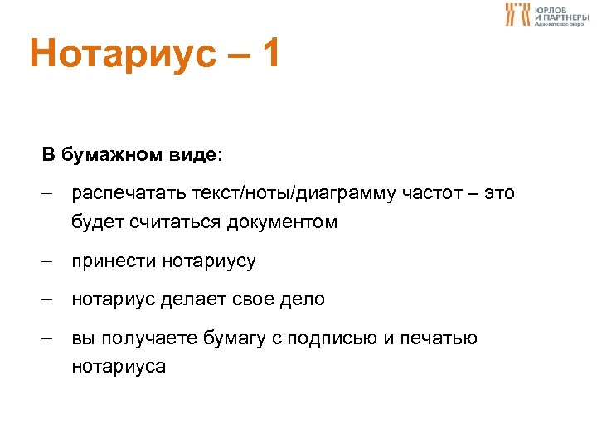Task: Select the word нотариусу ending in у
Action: pyautogui.click(x=209, y=261)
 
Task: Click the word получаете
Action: pyautogui.click(x=140, y=338)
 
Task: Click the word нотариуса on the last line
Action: pyautogui.click(x=119, y=366)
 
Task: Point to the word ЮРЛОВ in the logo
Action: pyautogui.click(x=551, y=8)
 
